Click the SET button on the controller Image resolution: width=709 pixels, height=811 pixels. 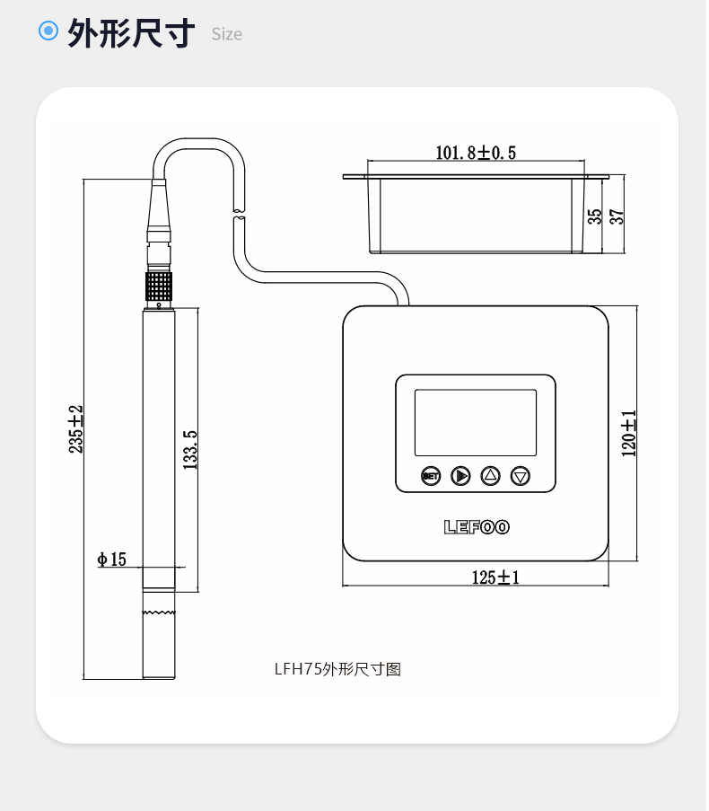coord(432,476)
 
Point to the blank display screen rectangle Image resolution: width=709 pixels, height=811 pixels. coord(477,424)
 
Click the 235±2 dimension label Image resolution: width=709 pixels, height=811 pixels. coord(76,430)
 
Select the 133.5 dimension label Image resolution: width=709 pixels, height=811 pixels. coord(190,451)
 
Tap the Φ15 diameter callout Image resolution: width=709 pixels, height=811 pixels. coord(112,560)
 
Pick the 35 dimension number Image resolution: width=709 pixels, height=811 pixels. coord(596,217)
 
